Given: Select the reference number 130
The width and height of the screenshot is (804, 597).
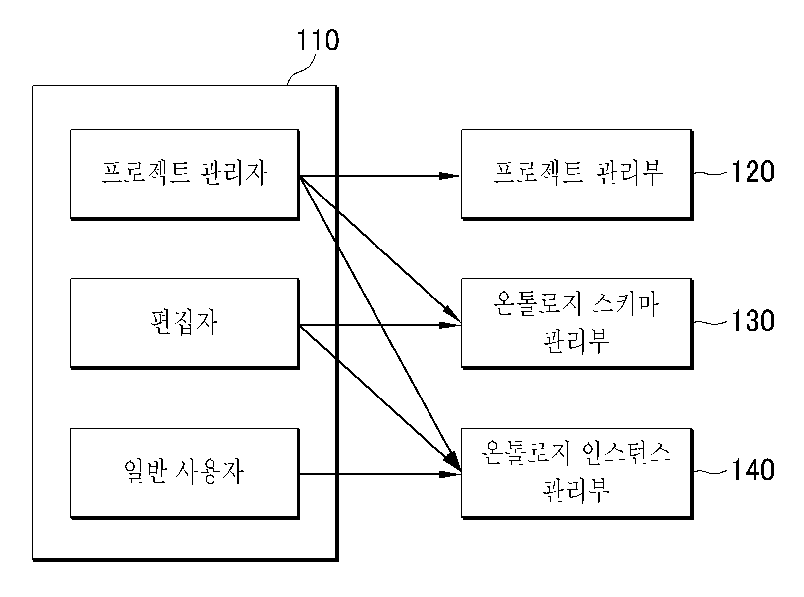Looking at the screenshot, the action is tap(753, 321).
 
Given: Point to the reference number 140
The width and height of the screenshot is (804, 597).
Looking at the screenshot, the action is tap(753, 470).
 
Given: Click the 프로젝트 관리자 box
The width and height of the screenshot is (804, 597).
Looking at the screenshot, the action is tap(185, 175).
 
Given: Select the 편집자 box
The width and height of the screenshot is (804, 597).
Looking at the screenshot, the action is tap(185, 324).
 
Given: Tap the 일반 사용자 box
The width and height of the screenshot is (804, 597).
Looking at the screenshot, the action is tap(185, 473).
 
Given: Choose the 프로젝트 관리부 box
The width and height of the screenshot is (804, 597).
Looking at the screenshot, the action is tap(577, 175).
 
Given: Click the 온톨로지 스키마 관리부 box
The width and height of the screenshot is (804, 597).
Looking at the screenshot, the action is tap(577, 324).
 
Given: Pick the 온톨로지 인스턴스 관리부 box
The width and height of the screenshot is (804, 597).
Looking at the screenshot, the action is tap(577, 473).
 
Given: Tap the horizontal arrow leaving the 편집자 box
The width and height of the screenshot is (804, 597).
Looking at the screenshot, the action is tap(380, 325).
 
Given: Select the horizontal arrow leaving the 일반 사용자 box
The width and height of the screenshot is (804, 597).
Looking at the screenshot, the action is tap(380, 474).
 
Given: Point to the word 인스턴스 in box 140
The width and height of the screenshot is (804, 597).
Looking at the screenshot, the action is tap(626, 453).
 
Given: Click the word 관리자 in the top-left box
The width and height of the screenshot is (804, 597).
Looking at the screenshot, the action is tap(234, 173).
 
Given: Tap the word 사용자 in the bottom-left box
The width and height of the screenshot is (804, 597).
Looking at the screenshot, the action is tap(210, 471).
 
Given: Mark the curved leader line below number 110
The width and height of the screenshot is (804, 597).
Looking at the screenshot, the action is tap(301, 70).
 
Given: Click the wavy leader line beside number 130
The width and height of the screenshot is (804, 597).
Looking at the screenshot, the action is tap(710, 322).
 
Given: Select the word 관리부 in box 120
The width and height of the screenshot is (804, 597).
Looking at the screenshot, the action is tap(630, 173).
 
